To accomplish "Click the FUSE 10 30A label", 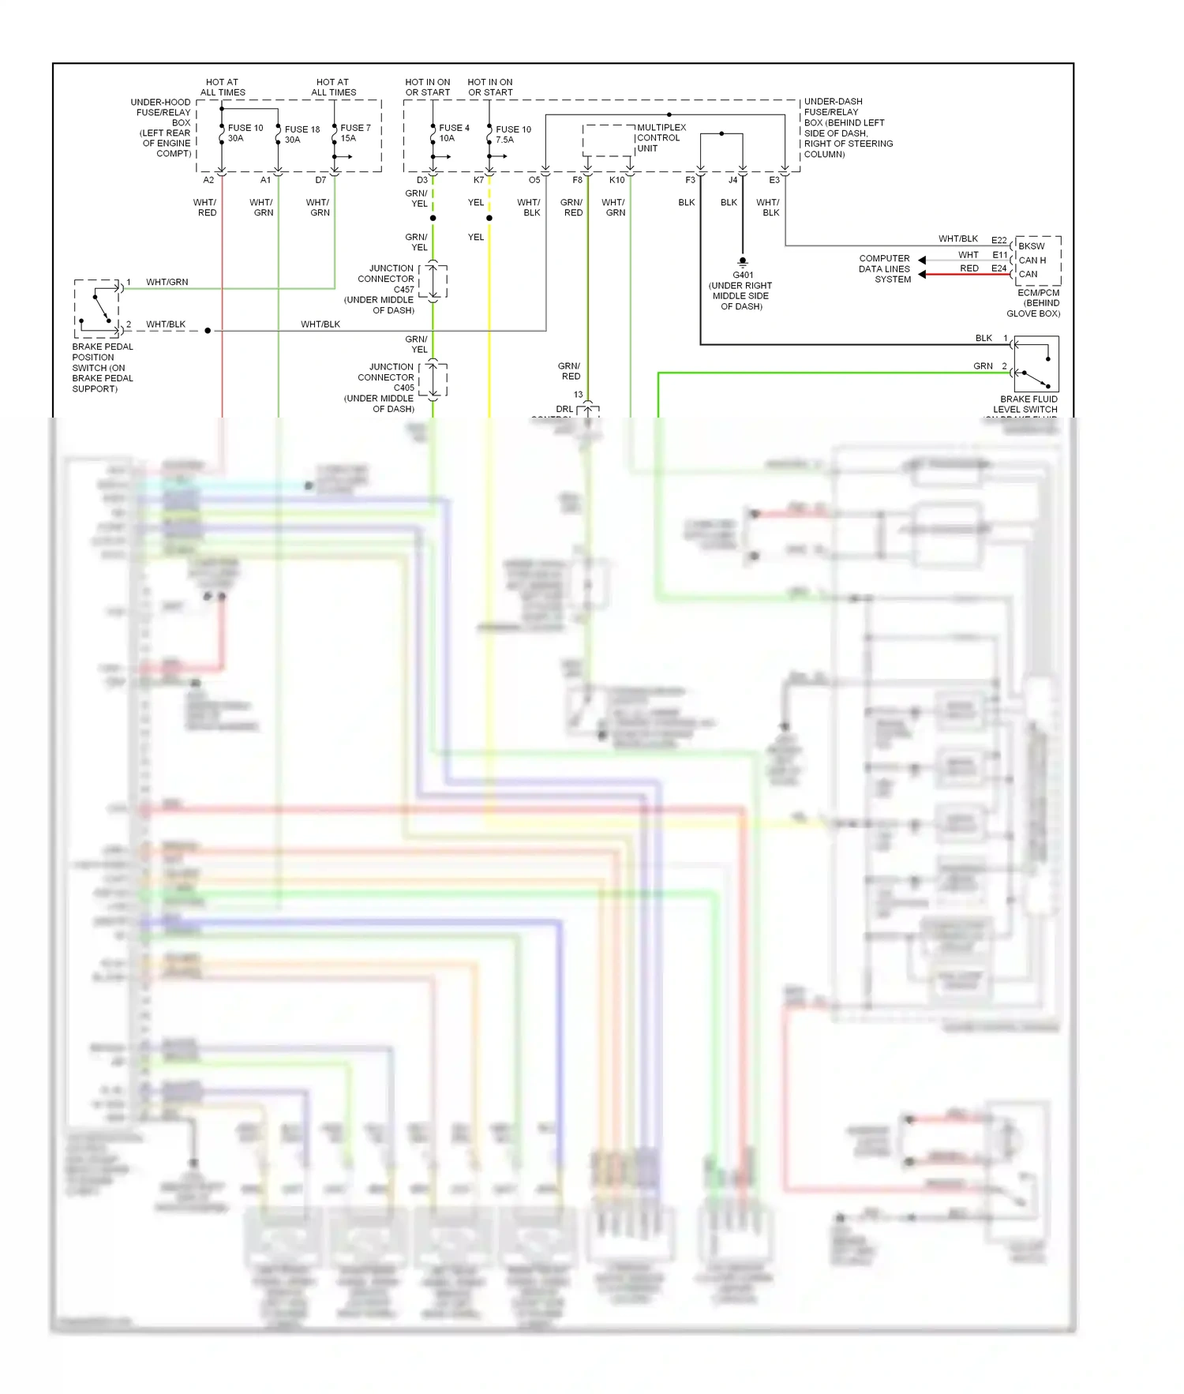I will pos(245,133).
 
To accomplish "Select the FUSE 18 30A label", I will pos(302,134).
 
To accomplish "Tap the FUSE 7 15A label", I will pos(354,133).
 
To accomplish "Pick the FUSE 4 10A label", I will pos(453,133).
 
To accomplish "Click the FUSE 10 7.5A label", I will pos(512,134).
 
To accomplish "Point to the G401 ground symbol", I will pos(742,261).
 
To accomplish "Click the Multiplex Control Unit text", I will pos(661,137).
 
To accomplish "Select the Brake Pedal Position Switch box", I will pos(96,308).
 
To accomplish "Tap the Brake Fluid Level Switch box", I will pos(1035,364).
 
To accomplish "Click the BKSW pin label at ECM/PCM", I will pos(1031,246).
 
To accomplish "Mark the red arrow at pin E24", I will pos(923,274).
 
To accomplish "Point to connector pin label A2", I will pos(208,180).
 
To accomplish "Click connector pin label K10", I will pos(616,180).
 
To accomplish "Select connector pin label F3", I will pos(690,180).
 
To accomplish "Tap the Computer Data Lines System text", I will pos(884,268).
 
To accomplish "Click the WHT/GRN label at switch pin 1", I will pos(167,282).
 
